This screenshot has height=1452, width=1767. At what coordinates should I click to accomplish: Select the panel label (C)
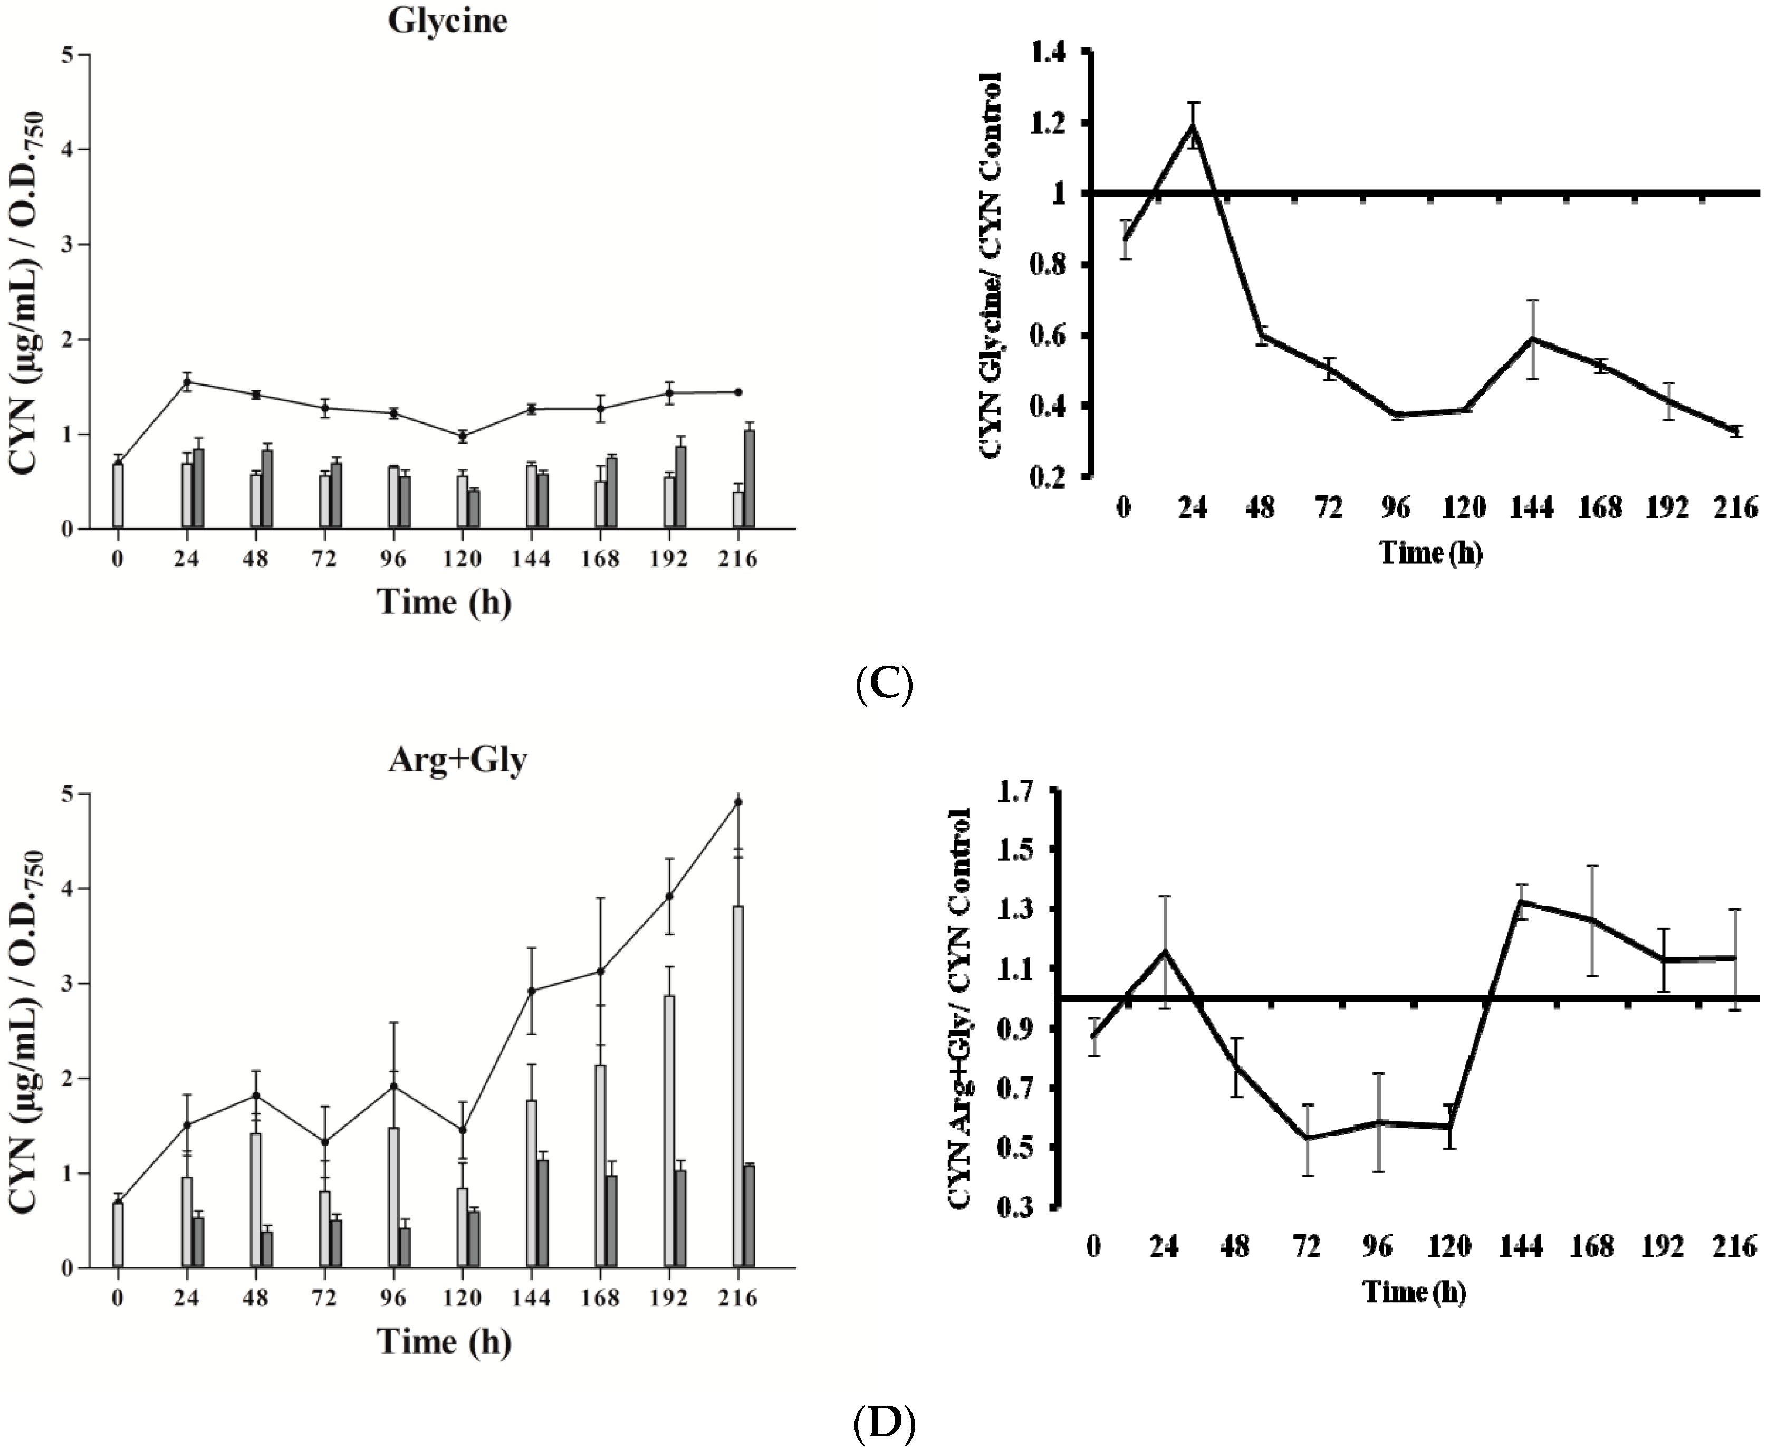click(884, 684)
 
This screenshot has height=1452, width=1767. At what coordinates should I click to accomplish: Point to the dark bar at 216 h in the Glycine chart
click(750, 479)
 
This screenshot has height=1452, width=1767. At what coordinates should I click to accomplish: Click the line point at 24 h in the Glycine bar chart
click(187, 382)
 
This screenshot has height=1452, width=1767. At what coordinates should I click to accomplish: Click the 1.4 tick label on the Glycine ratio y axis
click(1051, 53)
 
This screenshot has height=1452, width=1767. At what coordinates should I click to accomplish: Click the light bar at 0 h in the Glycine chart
click(118, 495)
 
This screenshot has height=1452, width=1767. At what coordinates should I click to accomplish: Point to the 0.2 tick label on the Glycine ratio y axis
click(1051, 478)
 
